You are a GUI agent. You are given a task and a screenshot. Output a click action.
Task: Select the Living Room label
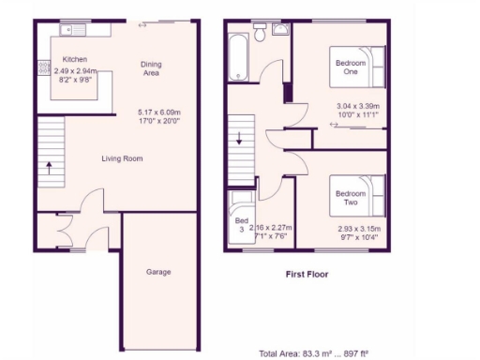click(122, 159)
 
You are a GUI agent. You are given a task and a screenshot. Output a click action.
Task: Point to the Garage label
click(158, 272)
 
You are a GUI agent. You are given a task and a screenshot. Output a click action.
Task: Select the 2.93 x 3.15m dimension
click(358, 228)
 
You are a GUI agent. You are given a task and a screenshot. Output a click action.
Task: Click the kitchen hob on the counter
click(42, 68)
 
